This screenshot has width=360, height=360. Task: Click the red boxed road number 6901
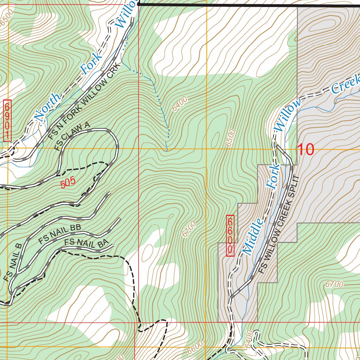tap(7, 121)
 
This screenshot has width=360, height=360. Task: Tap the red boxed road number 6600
tap(230, 235)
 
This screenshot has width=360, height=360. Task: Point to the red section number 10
tap(306, 150)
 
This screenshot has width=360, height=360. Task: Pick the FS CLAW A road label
tap(73, 137)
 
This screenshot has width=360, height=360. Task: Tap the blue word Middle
tap(253, 236)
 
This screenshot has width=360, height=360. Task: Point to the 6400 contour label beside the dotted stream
tap(180, 104)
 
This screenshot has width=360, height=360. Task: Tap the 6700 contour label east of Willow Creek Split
tap(334, 284)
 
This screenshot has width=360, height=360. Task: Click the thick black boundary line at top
tap(246, 5)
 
